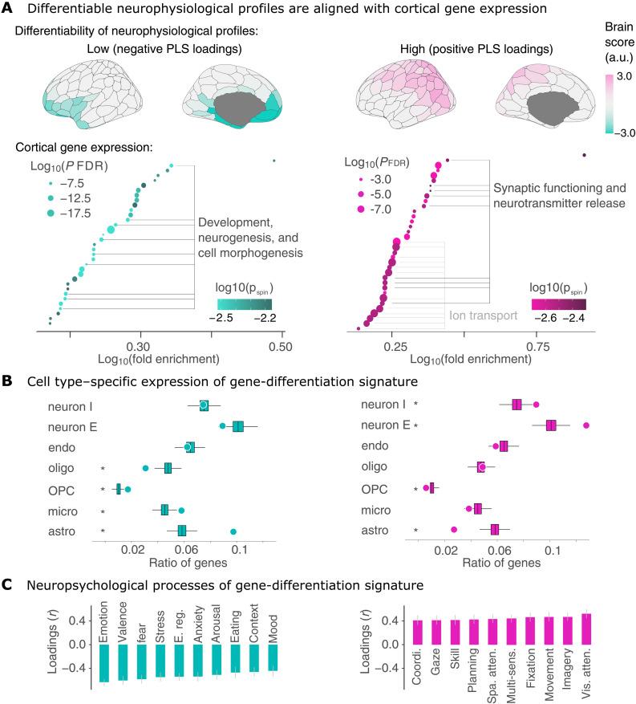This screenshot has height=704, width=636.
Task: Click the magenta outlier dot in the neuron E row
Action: click(587, 425)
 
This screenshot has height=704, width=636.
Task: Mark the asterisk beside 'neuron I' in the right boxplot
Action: click(415, 404)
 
